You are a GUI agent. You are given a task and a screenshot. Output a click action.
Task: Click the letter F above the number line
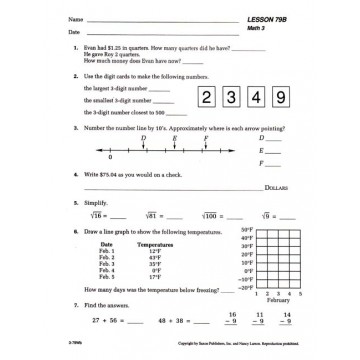point(205,139)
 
